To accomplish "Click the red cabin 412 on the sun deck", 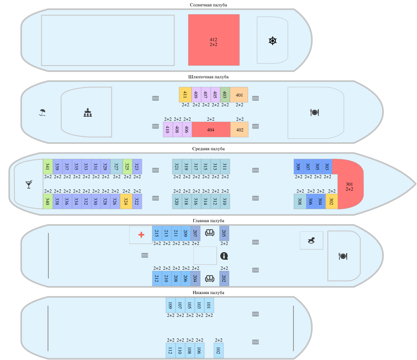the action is pyautogui.click(x=214, y=40).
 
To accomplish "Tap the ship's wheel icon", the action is pyautogui.click(x=273, y=41).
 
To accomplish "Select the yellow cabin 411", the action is pyautogui.click(x=185, y=95).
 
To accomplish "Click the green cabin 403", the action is pyautogui.click(x=225, y=95).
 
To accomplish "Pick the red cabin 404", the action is pyautogui.click(x=211, y=129).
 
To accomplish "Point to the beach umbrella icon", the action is pyautogui.click(x=42, y=112).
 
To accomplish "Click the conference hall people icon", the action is pyautogui.click(x=88, y=113).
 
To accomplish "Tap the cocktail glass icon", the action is pyautogui.click(x=29, y=184).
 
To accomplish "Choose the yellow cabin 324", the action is pyautogui.click(x=126, y=201).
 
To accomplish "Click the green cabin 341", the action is pyautogui.click(x=48, y=167).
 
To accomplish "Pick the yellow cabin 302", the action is pyautogui.click(x=331, y=201).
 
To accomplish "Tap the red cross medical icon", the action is pyautogui.click(x=141, y=235).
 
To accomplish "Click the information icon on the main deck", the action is pyautogui.click(x=224, y=256).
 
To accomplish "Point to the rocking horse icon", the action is pyautogui.click(x=311, y=240).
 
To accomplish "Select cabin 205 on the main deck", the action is pyautogui.click(x=224, y=233).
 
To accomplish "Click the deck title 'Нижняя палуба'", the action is pyautogui.click(x=209, y=292).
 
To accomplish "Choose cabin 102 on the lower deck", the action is pyautogui.click(x=219, y=350).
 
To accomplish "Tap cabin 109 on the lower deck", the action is pyautogui.click(x=171, y=305).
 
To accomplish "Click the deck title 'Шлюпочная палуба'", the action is pyautogui.click(x=209, y=77).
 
